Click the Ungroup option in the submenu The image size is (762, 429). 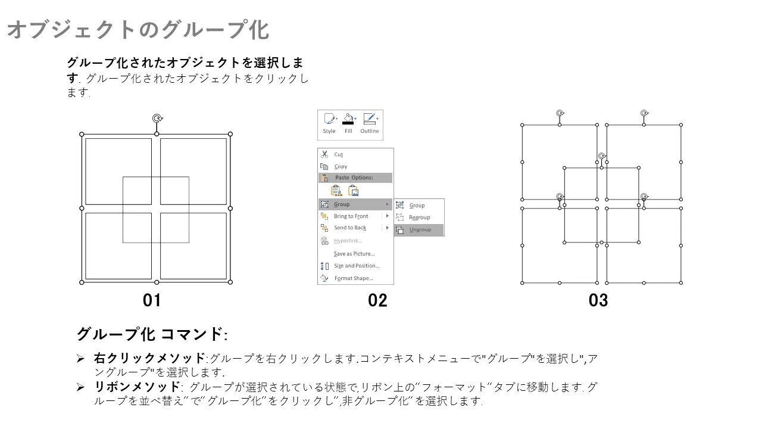[x=420, y=230]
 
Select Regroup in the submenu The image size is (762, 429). [x=419, y=217]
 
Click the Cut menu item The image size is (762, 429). [x=338, y=154]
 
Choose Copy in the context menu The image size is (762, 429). [x=340, y=166]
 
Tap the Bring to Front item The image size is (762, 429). [x=351, y=216]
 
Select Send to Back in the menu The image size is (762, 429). [x=349, y=228]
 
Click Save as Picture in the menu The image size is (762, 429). [x=354, y=254]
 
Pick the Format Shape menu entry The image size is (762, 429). [x=354, y=278]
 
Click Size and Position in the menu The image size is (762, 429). [x=357, y=266]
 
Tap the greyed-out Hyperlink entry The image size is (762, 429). [x=348, y=241]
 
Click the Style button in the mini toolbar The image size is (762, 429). [x=329, y=123]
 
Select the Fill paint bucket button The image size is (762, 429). [x=348, y=123]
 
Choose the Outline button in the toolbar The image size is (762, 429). [x=370, y=123]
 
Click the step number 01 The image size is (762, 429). [x=152, y=300]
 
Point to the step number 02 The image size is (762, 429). [x=377, y=300]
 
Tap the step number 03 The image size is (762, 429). [x=598, y=300]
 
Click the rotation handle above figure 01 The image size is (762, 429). [x=157, y=118]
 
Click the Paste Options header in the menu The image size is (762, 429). [x=354, y=178]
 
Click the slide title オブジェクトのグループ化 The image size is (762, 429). [x=138, y=30]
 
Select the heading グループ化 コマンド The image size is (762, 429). [x=152, y=334]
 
